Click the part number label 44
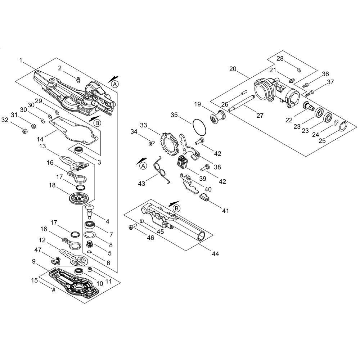pos(215,254)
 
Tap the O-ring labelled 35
pos(199,126)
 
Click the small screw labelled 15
pos(54,290)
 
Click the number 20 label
pos(233,69)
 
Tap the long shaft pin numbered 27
pos(241,106)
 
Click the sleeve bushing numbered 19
pos(217,117)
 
